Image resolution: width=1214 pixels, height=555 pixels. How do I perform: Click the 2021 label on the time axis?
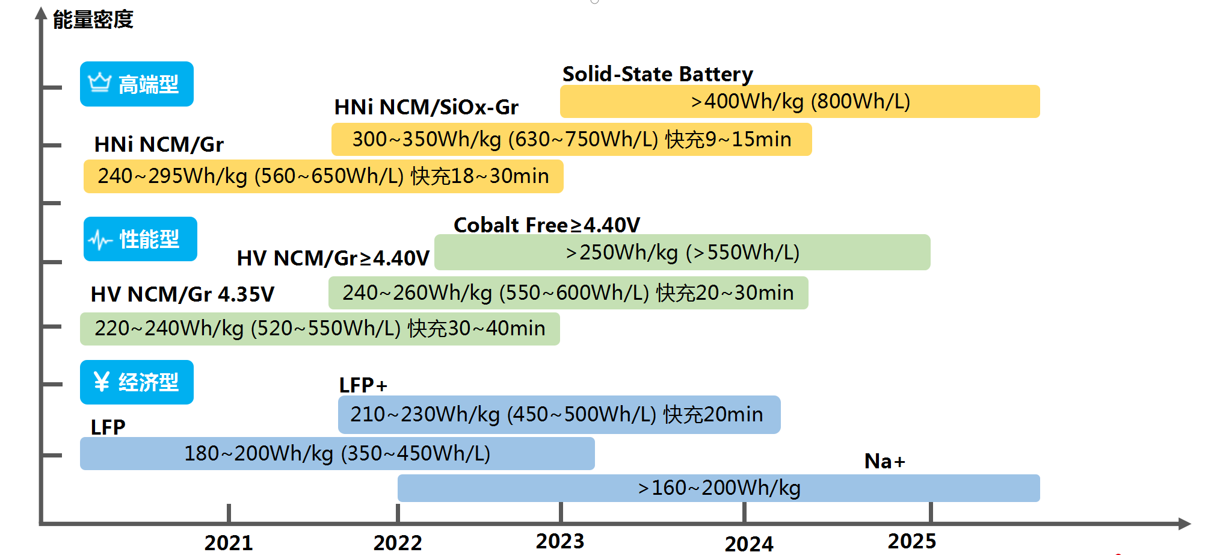pos(229,542)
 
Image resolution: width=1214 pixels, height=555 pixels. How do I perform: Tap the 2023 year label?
pos(560,541)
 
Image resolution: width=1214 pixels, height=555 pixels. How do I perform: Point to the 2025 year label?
pos(912,541)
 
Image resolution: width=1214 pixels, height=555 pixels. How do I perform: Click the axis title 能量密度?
pos(93,20)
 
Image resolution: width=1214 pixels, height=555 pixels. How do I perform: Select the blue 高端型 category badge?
pos(137,84)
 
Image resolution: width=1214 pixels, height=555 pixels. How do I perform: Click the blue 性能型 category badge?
pos(140,239)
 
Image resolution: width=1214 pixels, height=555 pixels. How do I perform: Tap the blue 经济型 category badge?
pos(137,382)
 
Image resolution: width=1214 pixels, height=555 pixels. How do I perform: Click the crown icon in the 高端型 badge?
pos(100,82)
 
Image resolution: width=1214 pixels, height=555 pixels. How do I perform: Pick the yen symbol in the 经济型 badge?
pos(101,382)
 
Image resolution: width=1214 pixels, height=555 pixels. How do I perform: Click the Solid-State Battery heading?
pos(658,74)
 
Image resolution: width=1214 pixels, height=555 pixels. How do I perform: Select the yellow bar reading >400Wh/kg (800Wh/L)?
pos(800,102)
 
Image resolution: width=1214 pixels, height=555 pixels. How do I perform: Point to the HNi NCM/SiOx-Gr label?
pos(426,107)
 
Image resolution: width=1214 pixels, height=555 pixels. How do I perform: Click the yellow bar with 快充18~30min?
pos(323,176)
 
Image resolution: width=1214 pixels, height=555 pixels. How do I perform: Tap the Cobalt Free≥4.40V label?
pos(546,225)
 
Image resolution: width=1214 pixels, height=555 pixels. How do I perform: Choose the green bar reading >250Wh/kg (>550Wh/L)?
pos(682,252)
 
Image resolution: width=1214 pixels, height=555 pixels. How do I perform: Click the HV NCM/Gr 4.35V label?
pos(182,294)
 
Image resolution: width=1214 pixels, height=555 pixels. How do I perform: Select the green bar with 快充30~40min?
pos(319,329)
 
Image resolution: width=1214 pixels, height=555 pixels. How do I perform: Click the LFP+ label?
pos(363,385)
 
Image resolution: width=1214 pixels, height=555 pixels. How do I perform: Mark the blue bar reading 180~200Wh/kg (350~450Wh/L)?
pos(337,453)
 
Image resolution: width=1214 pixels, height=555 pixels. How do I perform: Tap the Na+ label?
pos(884,461)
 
